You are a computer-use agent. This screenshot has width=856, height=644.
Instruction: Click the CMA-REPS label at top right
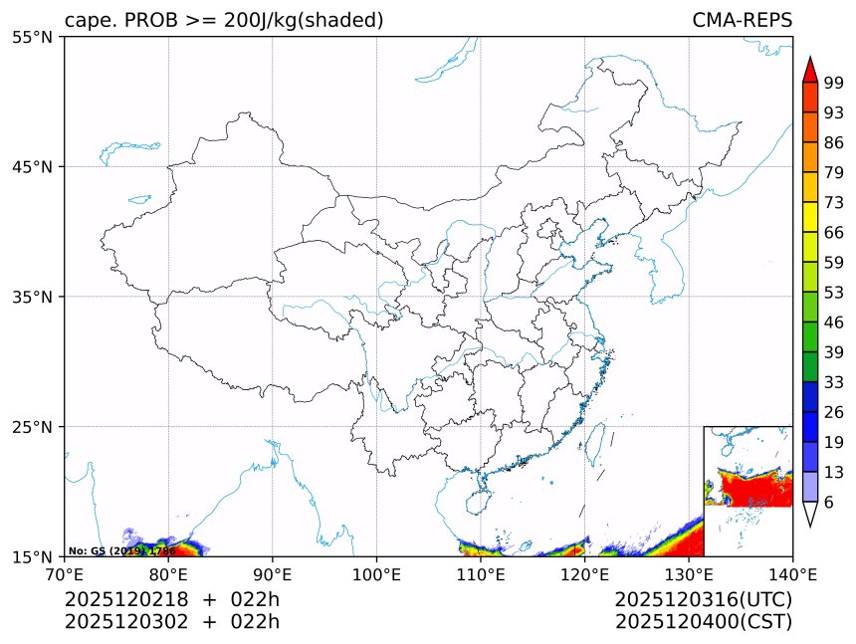coord(742,20)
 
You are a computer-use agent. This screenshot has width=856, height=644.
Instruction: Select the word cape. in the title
coord(90,20)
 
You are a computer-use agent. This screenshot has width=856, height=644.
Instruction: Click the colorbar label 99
coord(834,83)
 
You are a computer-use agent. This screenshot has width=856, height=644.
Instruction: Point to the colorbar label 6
coord(828,502)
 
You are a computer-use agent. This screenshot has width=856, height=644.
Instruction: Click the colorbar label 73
coord(834,202)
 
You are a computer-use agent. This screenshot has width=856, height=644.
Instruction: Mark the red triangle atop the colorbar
coord(809,70)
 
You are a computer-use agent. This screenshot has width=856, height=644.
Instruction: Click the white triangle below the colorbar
coord(809,514)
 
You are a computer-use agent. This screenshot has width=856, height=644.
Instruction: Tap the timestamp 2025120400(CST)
coord(703,622)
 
